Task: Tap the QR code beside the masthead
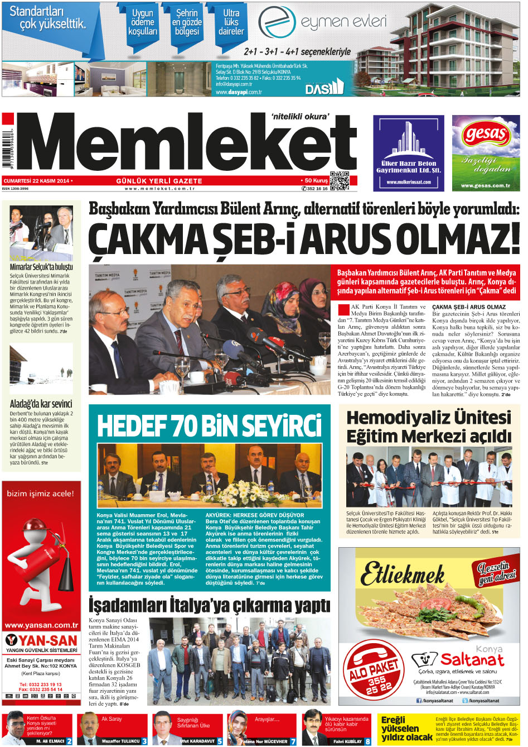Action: click(339, 181)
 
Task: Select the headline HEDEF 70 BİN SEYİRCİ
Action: click(209, 425)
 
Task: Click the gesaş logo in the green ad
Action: click(485, 134)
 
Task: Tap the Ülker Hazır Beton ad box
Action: click(408, 153)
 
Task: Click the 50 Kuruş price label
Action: click(316, 180)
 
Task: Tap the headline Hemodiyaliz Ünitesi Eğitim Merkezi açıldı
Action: click(428, 426)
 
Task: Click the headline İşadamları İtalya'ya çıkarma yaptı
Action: click(209, 605)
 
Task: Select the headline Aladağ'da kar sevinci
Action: click(41, 404)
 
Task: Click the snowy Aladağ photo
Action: click(41, 369)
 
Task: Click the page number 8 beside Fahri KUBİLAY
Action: click(368, 741)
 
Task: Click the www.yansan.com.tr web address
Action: click(41, 625)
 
